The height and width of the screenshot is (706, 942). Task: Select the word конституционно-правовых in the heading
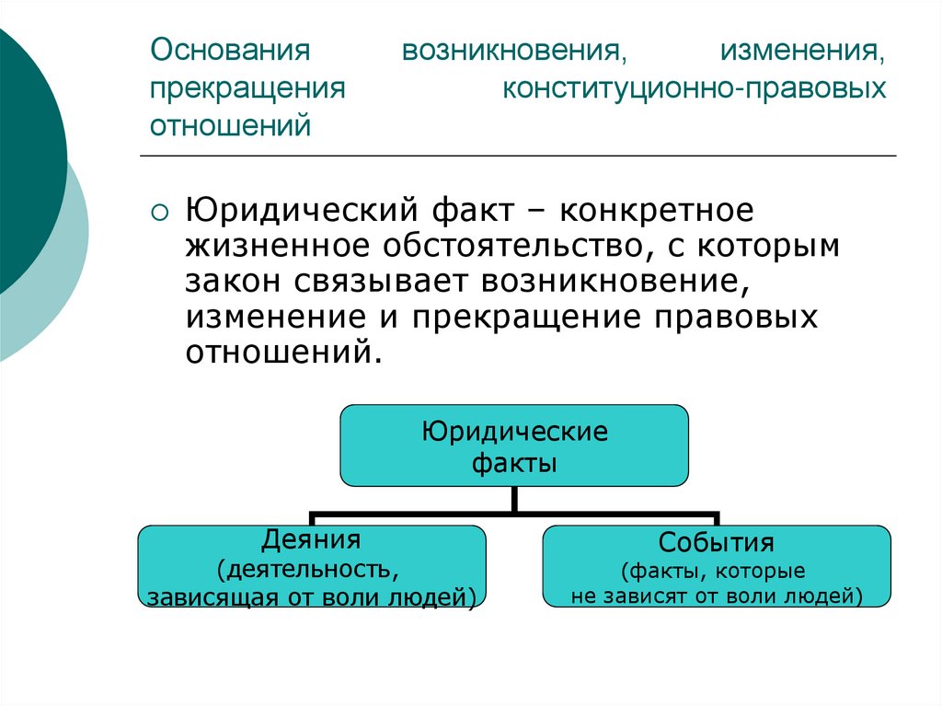click(695, 89)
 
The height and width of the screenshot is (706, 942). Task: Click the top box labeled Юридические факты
click(514, 446)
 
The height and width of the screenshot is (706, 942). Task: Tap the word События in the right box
click(717, 541)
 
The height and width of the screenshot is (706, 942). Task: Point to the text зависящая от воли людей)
click(311, 597)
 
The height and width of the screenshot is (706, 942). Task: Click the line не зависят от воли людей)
click(717, 596)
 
